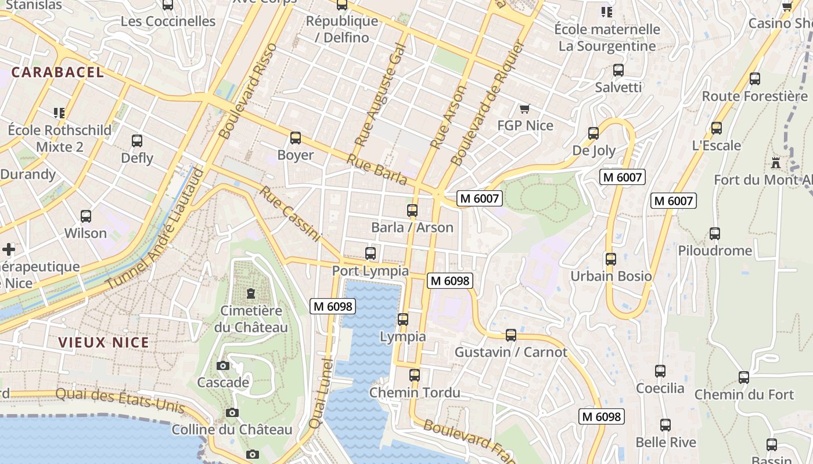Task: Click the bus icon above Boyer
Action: pyautogui.click(x=296, y=138)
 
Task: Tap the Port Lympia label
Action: pyautogui.click(x=370, y=271)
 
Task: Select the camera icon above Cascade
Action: pyautogui.click(x=222, y=366)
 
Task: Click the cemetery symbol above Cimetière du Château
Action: pyautogui.click(x=251, y=293)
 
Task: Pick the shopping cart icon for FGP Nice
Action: pyautogui.click(x=525, y=108)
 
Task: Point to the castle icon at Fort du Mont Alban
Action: pyautogui.click(x=775, y=162)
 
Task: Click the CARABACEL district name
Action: pyautogui.click(x=57, y=72)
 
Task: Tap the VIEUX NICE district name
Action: pyautogui.click(x=104, y=342)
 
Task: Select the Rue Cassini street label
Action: pyautogui.click(x=290, y=213)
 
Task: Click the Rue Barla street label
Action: pyautogui.click(x=377, y=169)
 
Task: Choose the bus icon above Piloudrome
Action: pyautogui.click(x=715, y=234)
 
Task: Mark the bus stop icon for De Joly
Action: pyautogui.click(x=593, y=133)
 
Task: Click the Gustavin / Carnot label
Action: pyautogui.click(x=510, y=352)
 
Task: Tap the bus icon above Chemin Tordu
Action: pyautogui.click(x=414, y=375)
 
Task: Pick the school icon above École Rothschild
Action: pyautogui.click(x=59, y=113)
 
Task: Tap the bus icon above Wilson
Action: pyautogui.click(x=85, y=216)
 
